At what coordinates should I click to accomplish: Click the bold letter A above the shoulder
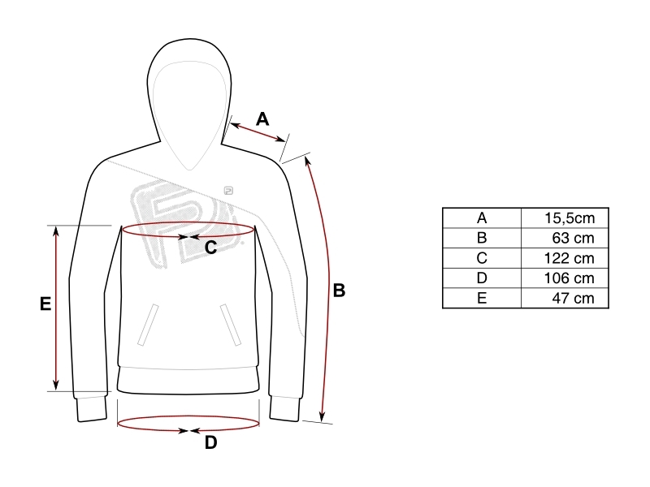pyautogui.click(x=262, y=119)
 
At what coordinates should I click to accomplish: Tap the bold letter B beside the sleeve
pyautogui.click(x=339, y=291)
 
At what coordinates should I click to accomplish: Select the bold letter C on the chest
pyautogui.click(x=210, y=248)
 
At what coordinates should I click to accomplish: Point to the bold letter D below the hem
pyautogui.click(x=210, y=442)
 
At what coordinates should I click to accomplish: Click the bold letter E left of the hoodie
pyautogui.click(x=45, y=304)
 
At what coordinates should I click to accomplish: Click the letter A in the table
pyautogui.click(x=482, y=218)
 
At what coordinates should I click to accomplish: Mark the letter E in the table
pyautogui.click(x=482, y=298)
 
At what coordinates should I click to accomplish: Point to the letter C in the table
pyautogui.click(x=482, y=258)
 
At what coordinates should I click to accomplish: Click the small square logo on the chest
pyautogui.click(x=228, y=191)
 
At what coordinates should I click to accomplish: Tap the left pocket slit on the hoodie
pyautogui.click(x=148, y=325)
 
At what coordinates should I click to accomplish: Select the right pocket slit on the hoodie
pyautogui.click(x=231, y=325)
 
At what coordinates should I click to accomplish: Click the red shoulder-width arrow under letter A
pyautogui.click(x=258, y=132)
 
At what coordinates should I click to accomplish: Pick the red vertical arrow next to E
pyautogui.click(x=56, y=308)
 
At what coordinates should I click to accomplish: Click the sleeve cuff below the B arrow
pyautogui.click(x=285, y=409)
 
